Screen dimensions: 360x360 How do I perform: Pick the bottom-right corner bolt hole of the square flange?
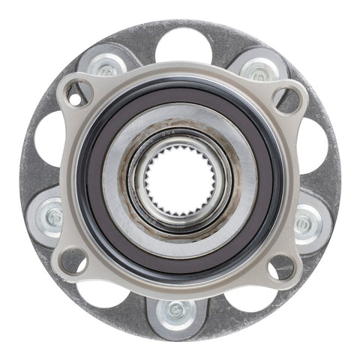281,264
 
